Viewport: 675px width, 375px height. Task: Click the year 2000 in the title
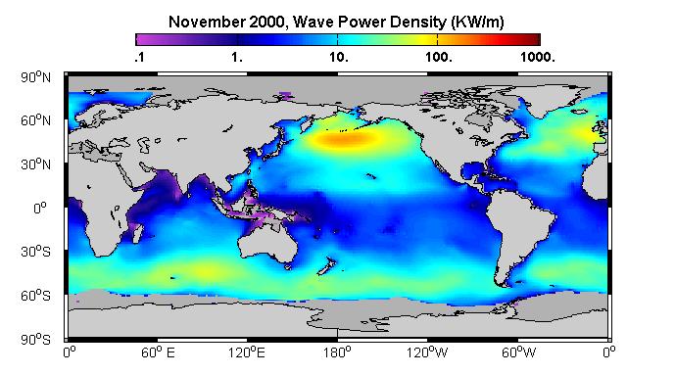(267, 22)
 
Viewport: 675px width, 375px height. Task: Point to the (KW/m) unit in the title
(477, 22)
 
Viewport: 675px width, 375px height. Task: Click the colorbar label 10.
(339, 57)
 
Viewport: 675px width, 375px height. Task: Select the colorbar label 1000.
(538, 57)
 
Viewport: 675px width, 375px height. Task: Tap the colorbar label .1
(139, 57)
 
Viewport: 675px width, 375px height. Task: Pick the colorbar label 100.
(439, 57)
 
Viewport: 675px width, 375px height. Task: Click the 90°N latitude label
(35, 77)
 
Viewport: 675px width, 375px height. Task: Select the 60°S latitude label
(35, 296)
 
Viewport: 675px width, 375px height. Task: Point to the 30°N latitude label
(35, 164)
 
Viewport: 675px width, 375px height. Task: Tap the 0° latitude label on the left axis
(40, 209)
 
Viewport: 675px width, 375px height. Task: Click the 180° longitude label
(337, 352)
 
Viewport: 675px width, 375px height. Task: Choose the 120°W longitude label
(427, 352)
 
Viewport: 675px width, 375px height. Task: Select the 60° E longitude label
(158, 352)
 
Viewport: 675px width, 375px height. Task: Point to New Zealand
(326, 265)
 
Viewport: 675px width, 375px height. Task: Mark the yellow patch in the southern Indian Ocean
(206, 271)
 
